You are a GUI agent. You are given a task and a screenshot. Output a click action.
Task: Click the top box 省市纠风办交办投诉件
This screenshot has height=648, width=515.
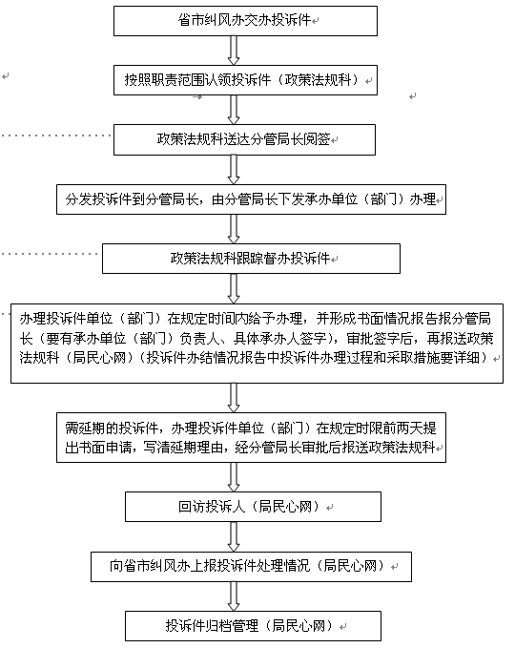[245, 21]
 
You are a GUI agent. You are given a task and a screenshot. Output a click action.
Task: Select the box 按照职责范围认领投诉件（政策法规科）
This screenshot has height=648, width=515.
[245, 80]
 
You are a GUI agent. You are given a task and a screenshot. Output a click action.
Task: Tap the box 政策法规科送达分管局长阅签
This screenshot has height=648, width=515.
[244, 139]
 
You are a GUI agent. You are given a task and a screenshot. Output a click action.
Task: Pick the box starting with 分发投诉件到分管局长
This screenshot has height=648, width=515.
[251, 199]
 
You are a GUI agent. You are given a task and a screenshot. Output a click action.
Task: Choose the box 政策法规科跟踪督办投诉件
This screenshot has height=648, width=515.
[251, 259]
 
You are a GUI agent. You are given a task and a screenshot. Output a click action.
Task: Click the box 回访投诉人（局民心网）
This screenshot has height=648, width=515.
[253, 507]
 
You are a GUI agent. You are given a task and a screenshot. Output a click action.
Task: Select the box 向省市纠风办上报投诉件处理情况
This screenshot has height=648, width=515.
[251, 566]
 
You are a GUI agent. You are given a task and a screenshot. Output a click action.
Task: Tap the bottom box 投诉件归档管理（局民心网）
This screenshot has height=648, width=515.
[253, 626]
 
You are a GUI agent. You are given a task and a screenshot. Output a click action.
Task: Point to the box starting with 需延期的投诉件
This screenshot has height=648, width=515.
[251, 437]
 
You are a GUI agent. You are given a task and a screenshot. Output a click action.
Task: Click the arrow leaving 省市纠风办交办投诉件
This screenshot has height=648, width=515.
[234, 51]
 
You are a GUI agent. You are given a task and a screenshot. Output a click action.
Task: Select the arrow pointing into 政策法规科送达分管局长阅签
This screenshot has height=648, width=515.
[234, 110]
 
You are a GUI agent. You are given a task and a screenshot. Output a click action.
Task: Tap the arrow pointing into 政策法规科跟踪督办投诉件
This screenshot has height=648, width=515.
[234, 229]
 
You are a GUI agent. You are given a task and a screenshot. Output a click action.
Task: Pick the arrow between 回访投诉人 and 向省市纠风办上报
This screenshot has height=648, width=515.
[234, 536]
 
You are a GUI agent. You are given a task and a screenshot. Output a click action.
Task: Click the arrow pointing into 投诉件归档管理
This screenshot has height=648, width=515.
[234, 596]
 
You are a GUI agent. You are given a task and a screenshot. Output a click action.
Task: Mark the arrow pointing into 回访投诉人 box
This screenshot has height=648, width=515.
[234, 477]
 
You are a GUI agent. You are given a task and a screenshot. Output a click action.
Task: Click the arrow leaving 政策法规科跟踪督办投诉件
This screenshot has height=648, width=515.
[234, 288]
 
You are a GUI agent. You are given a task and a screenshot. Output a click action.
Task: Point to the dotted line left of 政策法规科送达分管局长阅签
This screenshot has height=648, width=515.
[55, 136]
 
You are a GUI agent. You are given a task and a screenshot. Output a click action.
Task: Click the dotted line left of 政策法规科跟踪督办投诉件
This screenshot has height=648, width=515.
[50, 254]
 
